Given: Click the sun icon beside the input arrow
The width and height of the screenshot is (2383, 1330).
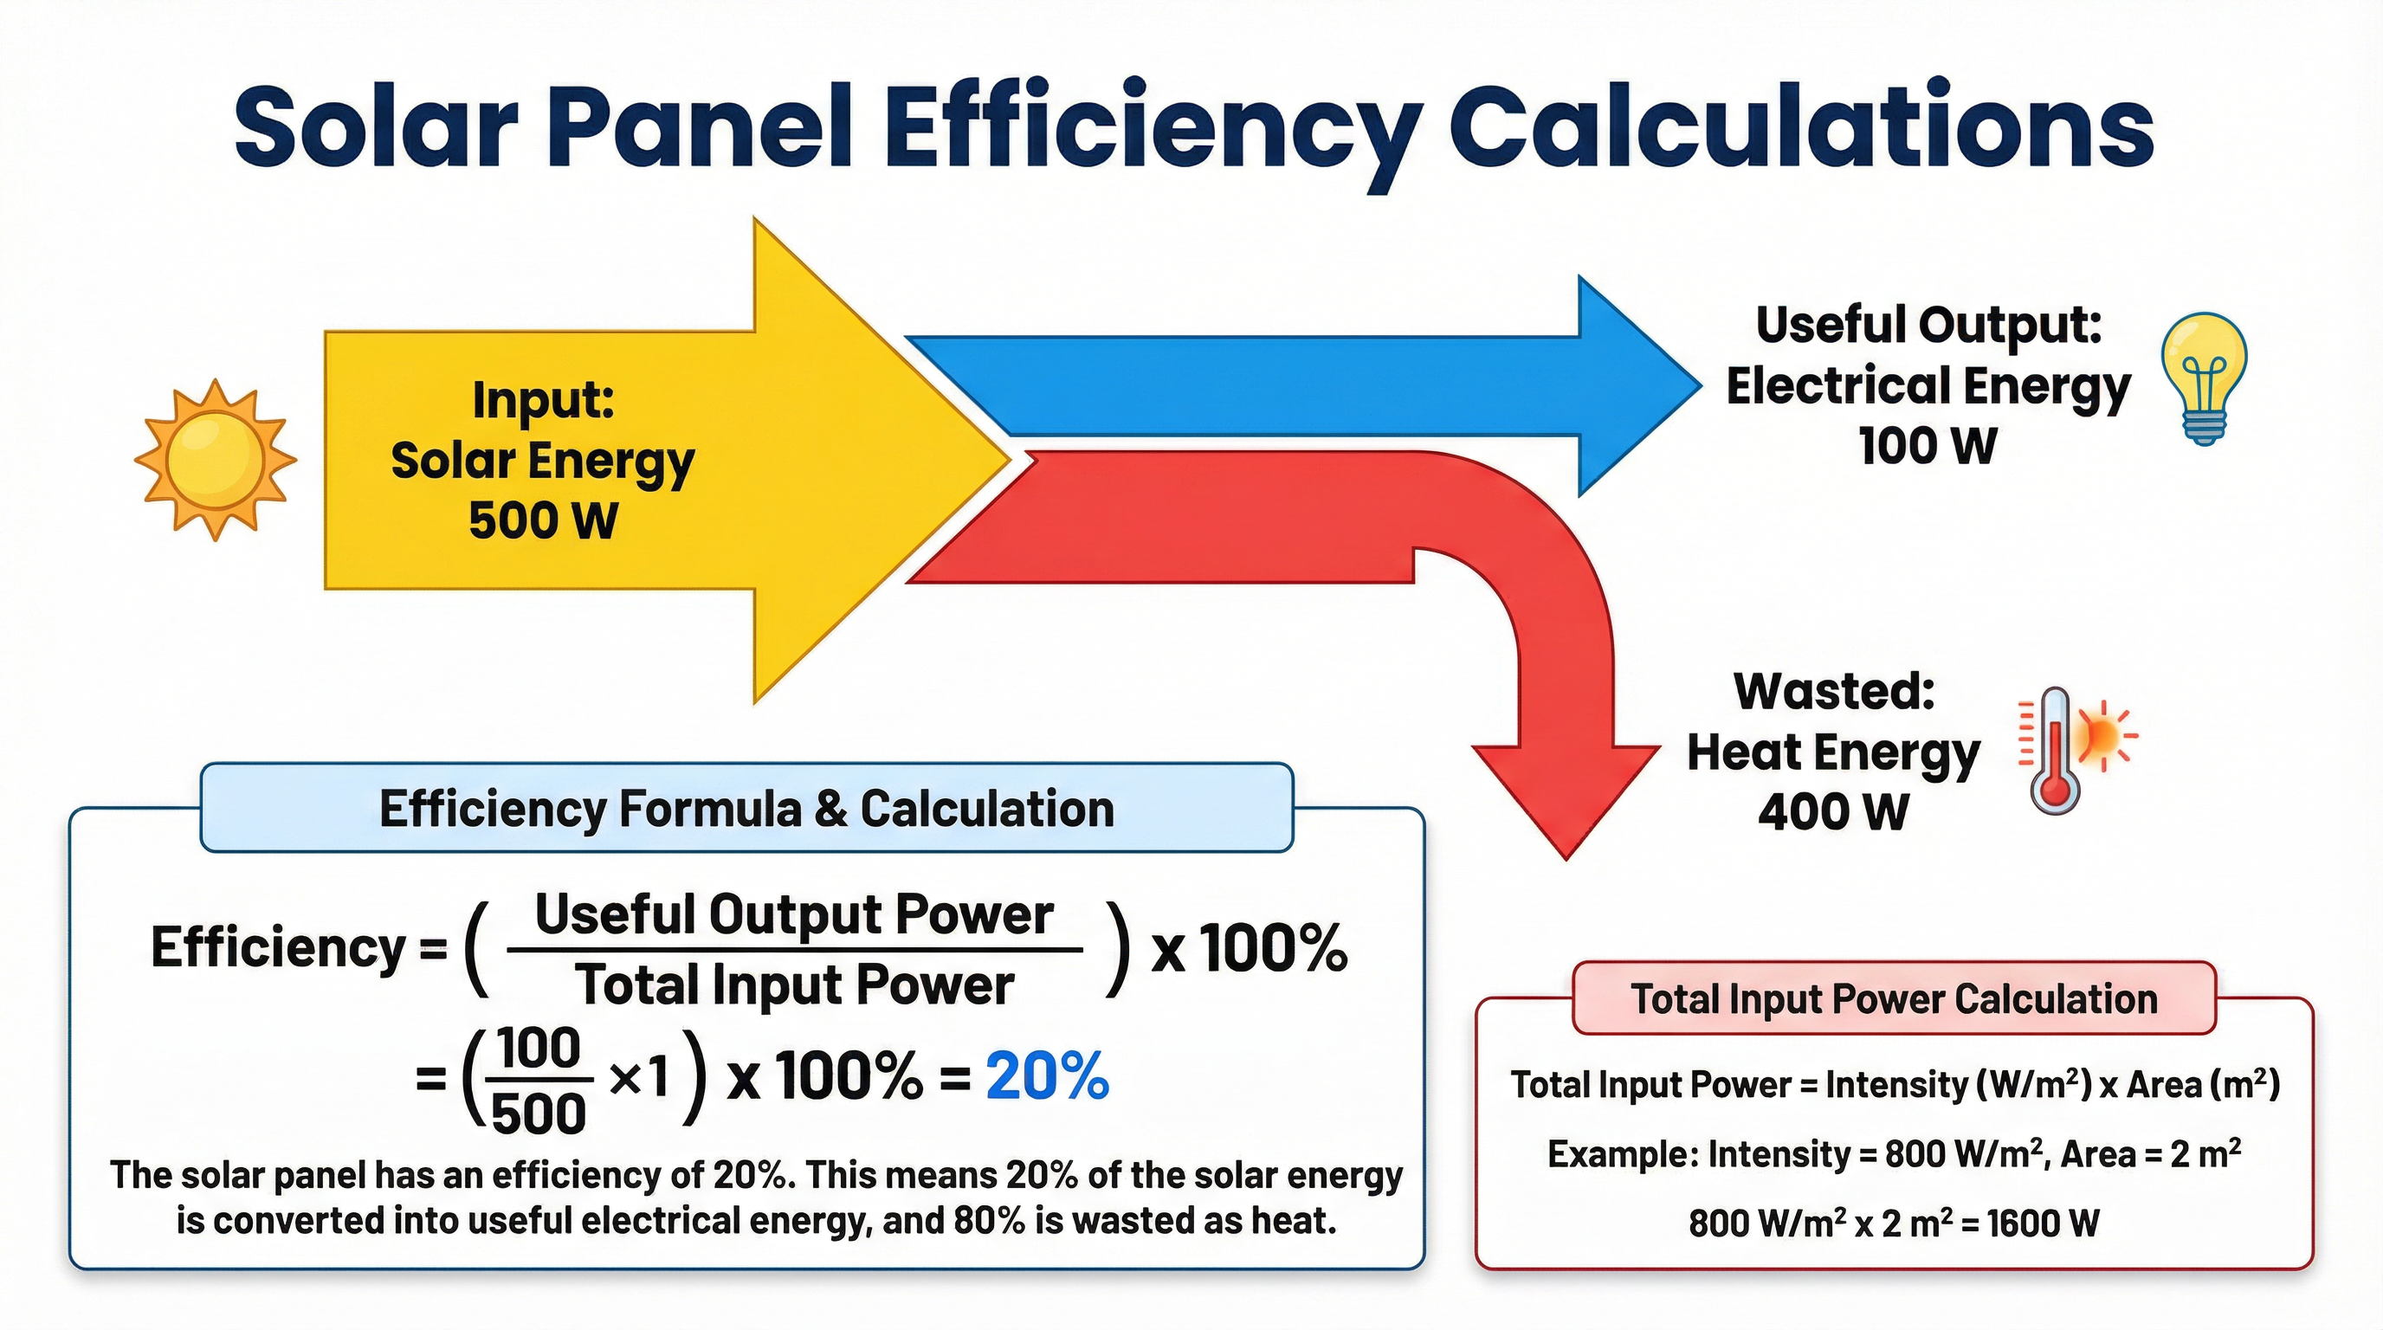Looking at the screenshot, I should click(216, 460).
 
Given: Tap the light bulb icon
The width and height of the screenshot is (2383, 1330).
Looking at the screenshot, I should click(2204, 378).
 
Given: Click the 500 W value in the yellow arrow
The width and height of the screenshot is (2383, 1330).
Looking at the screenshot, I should click(543, 520).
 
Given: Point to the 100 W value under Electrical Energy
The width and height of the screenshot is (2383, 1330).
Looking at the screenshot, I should click(1928, 447).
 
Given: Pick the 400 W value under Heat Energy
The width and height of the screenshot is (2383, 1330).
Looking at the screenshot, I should click(1832, 813).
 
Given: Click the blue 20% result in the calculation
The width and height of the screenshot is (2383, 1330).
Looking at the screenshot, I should click(1046, 1077).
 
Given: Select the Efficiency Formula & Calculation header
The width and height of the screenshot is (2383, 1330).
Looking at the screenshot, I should click(746, 809).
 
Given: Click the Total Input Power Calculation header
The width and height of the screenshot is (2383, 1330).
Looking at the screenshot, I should click(1894, 1000).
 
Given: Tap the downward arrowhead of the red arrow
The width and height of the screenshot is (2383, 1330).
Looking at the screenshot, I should click(1566, 814).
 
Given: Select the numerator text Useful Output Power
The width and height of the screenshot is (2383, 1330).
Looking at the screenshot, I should click(794, 915).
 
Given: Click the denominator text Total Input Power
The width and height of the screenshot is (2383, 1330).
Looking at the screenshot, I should click(794, 985).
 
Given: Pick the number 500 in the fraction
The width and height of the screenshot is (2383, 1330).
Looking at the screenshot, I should click(539, 1114).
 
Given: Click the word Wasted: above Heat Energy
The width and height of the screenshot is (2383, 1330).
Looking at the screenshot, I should click(1834, 692).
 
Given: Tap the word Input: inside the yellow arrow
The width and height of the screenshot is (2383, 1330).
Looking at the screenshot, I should click(543, 401).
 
